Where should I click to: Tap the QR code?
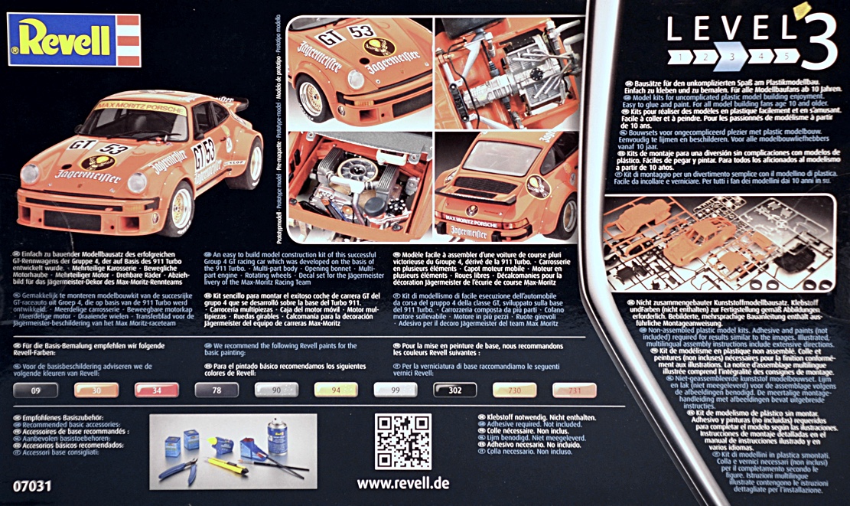pyautogui.click(x=403, y=442)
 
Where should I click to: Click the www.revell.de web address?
pyautogui.click(x=403, y=483)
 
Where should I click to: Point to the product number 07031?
pyautogui.click(x=31, y=484)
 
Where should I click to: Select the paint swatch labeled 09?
pyautogui.click(x=36, y=390)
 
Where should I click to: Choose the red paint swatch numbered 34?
pyautogui.click(x=156, y=390)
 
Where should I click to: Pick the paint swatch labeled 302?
pyautogui.click(x=454, y=390)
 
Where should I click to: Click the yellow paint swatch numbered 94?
pyautogui.click(x=336, y=390)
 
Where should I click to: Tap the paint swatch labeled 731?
pyautogui.click(x=574, y=390)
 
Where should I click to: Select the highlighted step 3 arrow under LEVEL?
pyautogui.click(x=731, y=56)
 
